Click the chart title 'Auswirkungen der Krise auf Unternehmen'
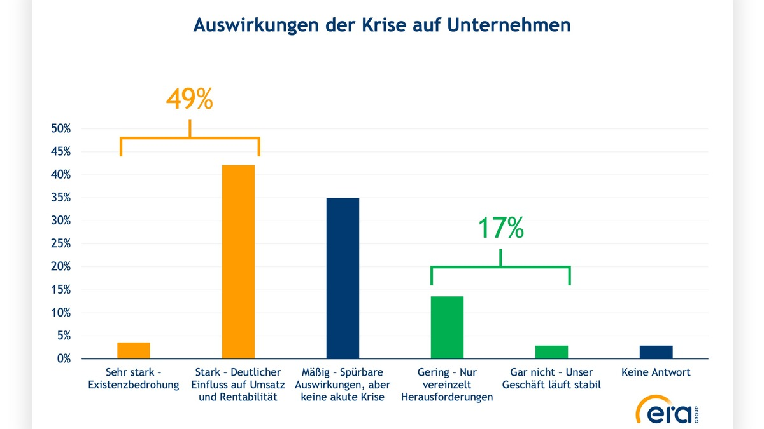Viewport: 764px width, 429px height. [382, 25]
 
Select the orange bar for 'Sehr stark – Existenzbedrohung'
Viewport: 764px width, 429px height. [134, 350]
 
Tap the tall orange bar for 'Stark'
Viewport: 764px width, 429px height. [238, 262]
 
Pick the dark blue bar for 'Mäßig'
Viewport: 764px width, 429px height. [343, 278]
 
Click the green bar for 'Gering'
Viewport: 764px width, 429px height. [447, 327]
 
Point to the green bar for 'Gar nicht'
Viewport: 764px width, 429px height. [551, 352]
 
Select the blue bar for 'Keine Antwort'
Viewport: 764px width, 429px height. [656, 352]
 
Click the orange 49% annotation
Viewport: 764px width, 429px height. [189, 99]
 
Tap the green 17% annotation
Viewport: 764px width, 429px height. [500, 228]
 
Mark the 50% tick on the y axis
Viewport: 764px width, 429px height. [60, 129]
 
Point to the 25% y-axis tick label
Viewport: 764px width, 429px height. [60, 244]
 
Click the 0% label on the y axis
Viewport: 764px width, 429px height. [63, 359]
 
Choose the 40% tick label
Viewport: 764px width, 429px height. [60, 175]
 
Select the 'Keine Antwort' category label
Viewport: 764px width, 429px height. [656, 372]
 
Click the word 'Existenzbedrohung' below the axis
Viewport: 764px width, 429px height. [134, 385]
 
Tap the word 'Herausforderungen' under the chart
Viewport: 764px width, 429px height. [447, 398]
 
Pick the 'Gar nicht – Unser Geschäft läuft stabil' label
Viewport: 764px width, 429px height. [551, 379]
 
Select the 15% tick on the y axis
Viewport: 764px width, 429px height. [60, 290]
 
